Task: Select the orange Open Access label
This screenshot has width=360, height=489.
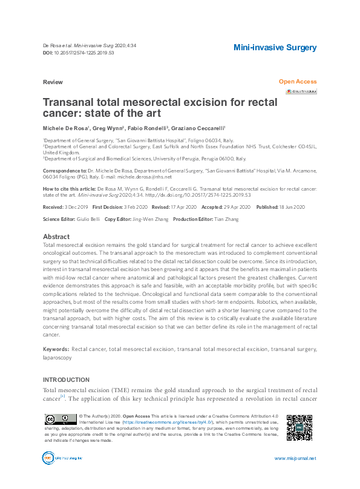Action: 297,81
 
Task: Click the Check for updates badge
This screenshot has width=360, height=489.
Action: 301,91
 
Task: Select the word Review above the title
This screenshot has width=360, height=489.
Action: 52,81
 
